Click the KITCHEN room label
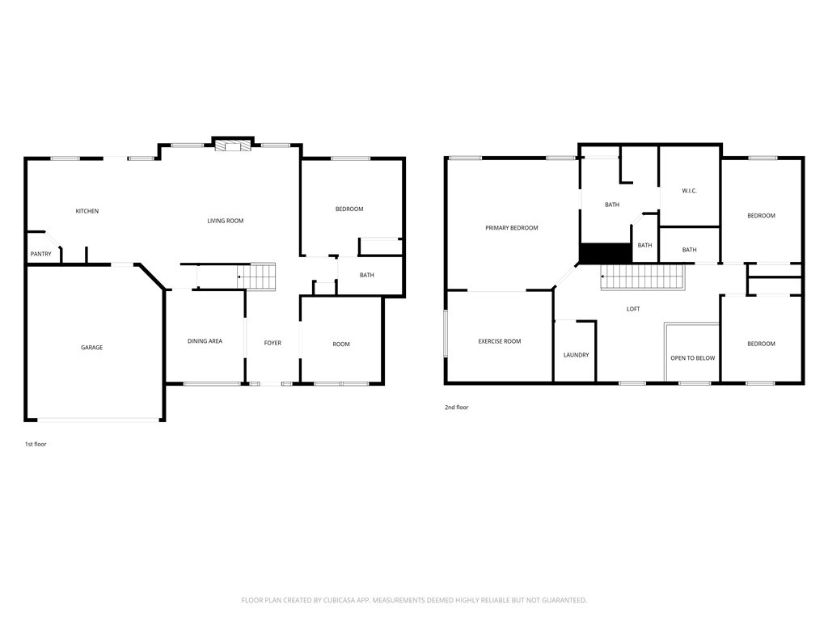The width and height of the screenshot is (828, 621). (87, 211)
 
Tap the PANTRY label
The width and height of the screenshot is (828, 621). (41, 254)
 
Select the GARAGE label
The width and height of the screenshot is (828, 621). (92, 348)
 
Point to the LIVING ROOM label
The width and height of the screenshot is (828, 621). (226, 221)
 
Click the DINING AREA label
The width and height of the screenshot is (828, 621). (205, 341)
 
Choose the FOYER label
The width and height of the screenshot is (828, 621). (273, 343)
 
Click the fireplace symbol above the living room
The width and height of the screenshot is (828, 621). (232, 145)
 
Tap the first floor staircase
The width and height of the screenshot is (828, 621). (256, 277)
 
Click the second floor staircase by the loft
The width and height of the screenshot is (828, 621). (643, 277)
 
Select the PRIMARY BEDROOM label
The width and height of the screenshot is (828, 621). (512, 228)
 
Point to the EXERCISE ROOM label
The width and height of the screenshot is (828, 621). (500, 342)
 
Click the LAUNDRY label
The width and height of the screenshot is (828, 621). (576, 356)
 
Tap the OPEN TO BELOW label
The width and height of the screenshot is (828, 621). (693, 358)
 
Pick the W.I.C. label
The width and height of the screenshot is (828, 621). (689, 191)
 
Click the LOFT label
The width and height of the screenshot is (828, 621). (633, 310)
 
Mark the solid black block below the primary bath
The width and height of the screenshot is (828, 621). (606, 253)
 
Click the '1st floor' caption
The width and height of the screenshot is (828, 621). (36, 444)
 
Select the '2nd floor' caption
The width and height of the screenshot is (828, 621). (457, 408)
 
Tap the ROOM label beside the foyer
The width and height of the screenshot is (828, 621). (341, 344)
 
